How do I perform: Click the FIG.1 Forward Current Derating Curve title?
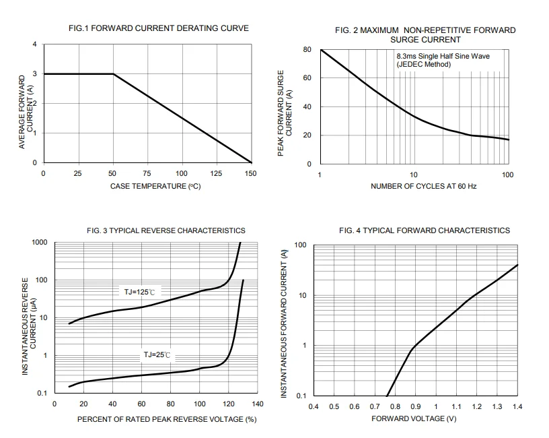(x=159, y=28)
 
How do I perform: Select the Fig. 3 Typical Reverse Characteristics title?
(x=166, y=230)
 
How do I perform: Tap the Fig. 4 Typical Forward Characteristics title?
(x=425, y=230)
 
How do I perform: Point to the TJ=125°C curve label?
(x=139, y=292)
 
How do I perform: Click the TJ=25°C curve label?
(x=157, y=355)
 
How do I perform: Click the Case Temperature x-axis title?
(x=155, y=186)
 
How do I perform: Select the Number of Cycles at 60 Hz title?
(x=424, y=186)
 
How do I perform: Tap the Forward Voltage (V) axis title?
(x=414, y=418)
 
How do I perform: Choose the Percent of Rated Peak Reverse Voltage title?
(x=167, y=419)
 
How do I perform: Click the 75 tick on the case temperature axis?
(x=147, y=174)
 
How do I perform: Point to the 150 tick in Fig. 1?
(x=251, y=174)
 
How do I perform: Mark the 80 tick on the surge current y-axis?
(x=307, y=50)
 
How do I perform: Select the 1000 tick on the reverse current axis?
(x=40, y=243)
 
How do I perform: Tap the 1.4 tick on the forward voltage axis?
(x=517, y=407)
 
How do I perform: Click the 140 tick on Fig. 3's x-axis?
(x=258, y=404)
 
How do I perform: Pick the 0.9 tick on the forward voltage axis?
(x=416, y=407)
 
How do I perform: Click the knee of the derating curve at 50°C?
(x=113, y=74)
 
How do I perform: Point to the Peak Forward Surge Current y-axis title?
(x=285, y=113)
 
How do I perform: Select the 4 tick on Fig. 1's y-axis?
(x=35, y=44)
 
